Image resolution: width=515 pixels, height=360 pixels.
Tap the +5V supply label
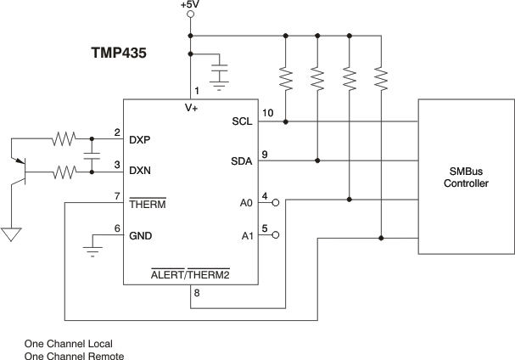190,5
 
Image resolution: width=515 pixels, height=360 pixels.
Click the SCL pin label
241,121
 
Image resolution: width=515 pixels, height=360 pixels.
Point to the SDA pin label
241,160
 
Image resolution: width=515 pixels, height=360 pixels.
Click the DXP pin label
140,139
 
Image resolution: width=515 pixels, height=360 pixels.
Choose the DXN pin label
140,171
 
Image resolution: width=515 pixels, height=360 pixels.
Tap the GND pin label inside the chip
141,236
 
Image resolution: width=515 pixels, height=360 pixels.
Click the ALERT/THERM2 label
190,276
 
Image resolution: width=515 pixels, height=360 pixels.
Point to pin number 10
267,113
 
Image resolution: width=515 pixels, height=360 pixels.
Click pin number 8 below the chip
197,295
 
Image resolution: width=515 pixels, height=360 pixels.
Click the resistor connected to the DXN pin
64,172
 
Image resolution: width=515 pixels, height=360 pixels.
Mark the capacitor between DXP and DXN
92,155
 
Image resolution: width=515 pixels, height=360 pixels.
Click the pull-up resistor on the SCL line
286,79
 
